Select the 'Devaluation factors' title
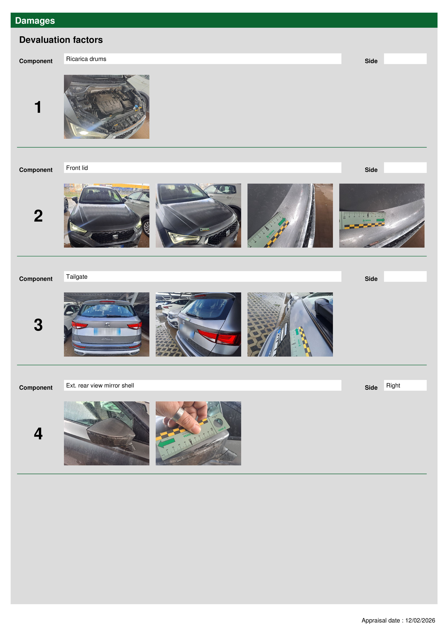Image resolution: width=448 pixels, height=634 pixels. (61, 40)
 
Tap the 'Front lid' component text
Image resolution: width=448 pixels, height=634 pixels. (77, 168)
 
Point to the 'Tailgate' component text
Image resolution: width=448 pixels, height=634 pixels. (77, 277)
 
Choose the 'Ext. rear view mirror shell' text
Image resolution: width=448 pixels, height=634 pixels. (100, 385)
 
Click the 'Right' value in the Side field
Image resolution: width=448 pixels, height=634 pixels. (393, 385)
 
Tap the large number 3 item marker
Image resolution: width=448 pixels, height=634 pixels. (38, 325)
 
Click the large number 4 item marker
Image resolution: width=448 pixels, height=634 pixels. (38, 434)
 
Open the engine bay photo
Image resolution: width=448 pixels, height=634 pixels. (107, 107)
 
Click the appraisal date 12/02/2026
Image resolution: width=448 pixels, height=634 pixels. (420, 620)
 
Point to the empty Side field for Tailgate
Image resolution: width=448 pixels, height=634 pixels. (405, 276)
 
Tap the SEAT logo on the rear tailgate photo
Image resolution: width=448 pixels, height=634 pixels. (107, 324)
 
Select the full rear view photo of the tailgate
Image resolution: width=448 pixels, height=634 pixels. (107, 324)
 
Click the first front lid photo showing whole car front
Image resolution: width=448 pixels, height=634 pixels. (107, 216)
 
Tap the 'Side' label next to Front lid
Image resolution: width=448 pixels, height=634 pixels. (371, 170)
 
